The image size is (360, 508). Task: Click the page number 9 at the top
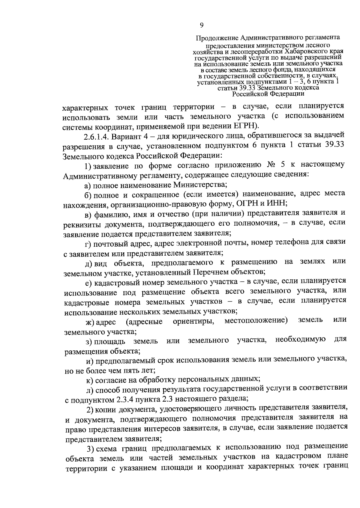coord(202,25)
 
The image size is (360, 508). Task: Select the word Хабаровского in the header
coord(304,51)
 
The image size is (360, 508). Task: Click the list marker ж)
coord(90,322)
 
